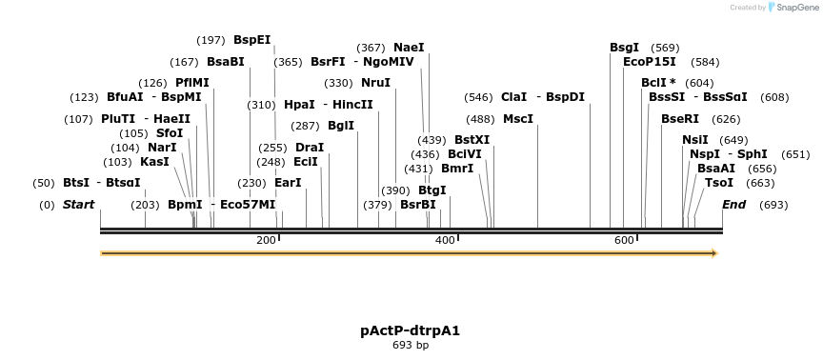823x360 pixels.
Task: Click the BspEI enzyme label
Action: [x=252, y=40]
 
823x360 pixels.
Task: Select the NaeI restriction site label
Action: [x=409, y=47]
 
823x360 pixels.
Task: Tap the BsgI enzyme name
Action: [x=625, y=47]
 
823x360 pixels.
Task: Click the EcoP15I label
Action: [x=650, y=62]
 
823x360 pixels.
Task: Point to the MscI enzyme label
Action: [x=518, y=119]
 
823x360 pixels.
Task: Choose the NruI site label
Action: [x=376, y=83]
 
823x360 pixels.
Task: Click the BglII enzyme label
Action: [x=341, y=125]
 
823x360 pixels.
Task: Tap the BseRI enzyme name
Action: [x=680, y=119]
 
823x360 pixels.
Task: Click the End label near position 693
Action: [x=733, y=204]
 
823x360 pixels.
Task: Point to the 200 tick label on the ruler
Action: [x=267, y=240]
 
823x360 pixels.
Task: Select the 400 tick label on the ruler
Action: [x=445, y=240]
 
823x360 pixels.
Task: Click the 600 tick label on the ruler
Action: [x=624, y=240]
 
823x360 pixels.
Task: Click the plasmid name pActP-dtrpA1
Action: [x=411, y=330]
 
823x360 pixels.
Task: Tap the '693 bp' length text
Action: [x=411, y=345]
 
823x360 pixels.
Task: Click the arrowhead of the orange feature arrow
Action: [x=712, y=253]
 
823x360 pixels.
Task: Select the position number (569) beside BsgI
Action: [x=665, y=47]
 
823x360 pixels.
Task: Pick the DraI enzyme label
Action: [x=310, y=148]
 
